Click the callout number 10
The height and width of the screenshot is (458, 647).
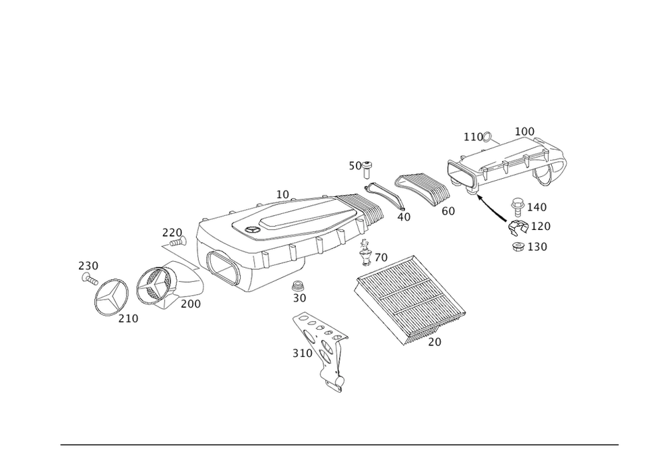pos(283,194)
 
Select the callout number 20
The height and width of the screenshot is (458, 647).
pos(434,342)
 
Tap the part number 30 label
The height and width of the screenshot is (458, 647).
pos(299,297)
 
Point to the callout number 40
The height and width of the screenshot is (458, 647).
pos(403,217)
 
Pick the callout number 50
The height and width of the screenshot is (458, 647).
pos(355,166)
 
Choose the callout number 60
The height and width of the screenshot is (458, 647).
pos(449,211)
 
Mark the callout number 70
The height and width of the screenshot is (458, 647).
pos(380,258)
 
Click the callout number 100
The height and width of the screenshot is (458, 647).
pos(524,130)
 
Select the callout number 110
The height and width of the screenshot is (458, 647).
pos(475,137)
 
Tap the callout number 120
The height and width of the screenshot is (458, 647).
pos(541,227)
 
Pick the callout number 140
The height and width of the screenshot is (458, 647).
pos(538,206)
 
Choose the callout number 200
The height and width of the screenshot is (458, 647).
pos(191,304)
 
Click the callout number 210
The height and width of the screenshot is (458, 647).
pos(129,318)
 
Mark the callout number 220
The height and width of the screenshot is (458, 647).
pos(172,233)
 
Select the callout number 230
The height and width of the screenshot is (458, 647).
pos(88,265)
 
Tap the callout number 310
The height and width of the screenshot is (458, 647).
pos(302,353)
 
